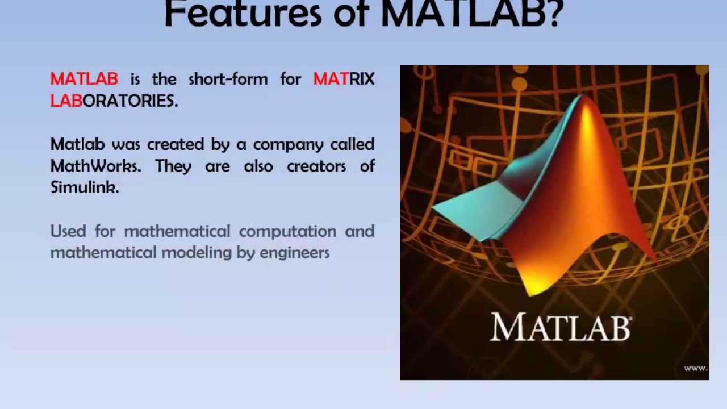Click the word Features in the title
[x=243, y=14]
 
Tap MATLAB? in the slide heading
[x=471, y=14]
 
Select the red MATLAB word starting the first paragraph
[x=84, y=79]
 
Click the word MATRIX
[x=344, y=79]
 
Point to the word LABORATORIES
[x=114, y=101]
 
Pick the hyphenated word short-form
[x=228, y=79]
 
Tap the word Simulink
[x=84, y=187]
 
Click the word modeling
[x=197, y=253]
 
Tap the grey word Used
[x=68, y=231]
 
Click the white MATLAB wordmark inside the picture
[x=560, y=328]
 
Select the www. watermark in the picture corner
[x=695, y=368]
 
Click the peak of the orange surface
[x=583, y=102]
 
